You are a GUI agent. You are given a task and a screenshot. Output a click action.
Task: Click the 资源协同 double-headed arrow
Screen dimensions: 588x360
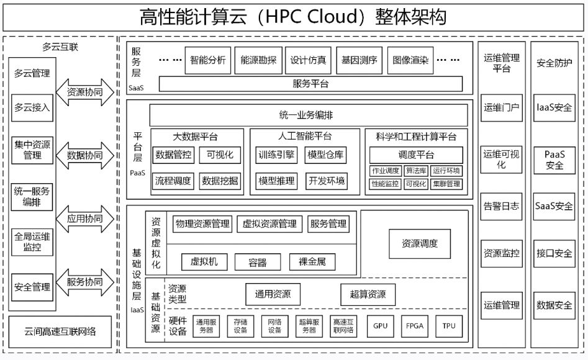pyautogui.click(x=84, y=92)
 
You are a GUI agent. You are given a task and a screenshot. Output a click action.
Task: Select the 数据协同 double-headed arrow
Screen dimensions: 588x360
pyautogui.click(x=84, y=155)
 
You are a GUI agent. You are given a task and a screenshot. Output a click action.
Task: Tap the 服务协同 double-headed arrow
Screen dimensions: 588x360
pyautogui.click(x=84, y=282)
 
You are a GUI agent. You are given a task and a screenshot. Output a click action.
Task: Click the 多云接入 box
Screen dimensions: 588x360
pyautogui.click(x=32, y=108)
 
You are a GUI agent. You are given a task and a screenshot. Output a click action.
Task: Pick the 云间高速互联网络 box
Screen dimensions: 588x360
pyautogui.click(x=60, y=332)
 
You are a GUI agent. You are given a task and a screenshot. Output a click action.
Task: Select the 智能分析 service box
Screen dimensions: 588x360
pyautogui.click(x=207, y=60)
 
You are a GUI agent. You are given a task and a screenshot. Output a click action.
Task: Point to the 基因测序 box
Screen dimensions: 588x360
pyautogui.click(x=360, y=60)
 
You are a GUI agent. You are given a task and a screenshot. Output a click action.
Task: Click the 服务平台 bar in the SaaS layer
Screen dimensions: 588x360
pyautogui.click(x=310, y=84)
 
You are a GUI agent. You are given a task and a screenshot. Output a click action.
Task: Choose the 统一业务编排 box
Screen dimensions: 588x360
pyautogui.click(x=308, y=115)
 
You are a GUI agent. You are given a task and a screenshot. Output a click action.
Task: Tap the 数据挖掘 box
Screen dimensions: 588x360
pyautogui.click(x=220, y=181)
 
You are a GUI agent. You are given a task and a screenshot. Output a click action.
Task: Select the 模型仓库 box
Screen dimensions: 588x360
pyautogui.click(x=325, y=155)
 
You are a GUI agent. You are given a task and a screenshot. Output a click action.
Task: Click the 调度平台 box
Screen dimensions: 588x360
pyautogui.click(x=416, y=155)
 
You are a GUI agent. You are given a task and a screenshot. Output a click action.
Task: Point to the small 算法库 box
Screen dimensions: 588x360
pyautogui.click(x=416, y=171)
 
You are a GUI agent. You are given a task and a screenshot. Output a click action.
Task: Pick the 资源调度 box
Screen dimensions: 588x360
pyautogui.click(x=420, y=244)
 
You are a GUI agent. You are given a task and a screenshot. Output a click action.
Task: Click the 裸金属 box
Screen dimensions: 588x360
pyautogui.click(x=312, y=262)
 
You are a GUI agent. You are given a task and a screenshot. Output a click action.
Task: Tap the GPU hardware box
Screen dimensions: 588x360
pyautogui.click(x=380, y=326)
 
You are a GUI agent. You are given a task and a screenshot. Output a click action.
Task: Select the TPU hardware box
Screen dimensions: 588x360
pyautogui.click(x=449, y=326)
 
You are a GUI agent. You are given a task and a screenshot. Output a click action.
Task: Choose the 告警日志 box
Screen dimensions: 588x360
pyautogui.click(x=501, y=206)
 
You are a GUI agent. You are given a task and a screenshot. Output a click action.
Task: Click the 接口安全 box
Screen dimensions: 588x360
pyautogui.click(x=554, y=253)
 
